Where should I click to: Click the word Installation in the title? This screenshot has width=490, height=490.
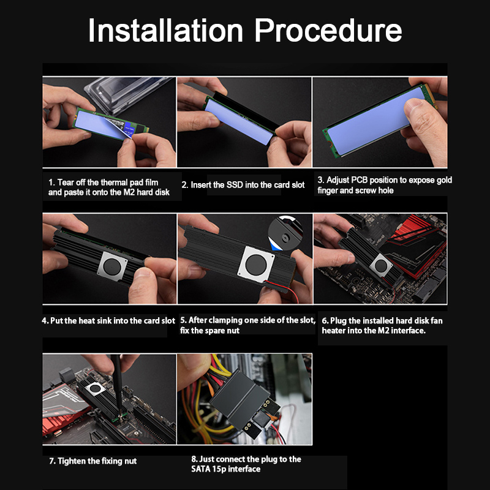[x=165, y=30]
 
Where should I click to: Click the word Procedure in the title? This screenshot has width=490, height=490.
[x=328, y=30]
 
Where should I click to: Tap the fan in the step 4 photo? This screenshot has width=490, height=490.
[x=112, y=266]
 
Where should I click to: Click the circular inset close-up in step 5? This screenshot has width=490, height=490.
[x=285, y=233]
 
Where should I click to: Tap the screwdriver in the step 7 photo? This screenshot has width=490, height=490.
[x=118, y=385]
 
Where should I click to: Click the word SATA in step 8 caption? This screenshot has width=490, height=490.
[x=201, y=469]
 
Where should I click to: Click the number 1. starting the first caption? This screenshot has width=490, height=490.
[x=52, y=182]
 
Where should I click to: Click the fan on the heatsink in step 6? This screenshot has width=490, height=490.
[x=381, y=266]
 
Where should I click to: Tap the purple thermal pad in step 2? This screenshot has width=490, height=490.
[x=239, y=121]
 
